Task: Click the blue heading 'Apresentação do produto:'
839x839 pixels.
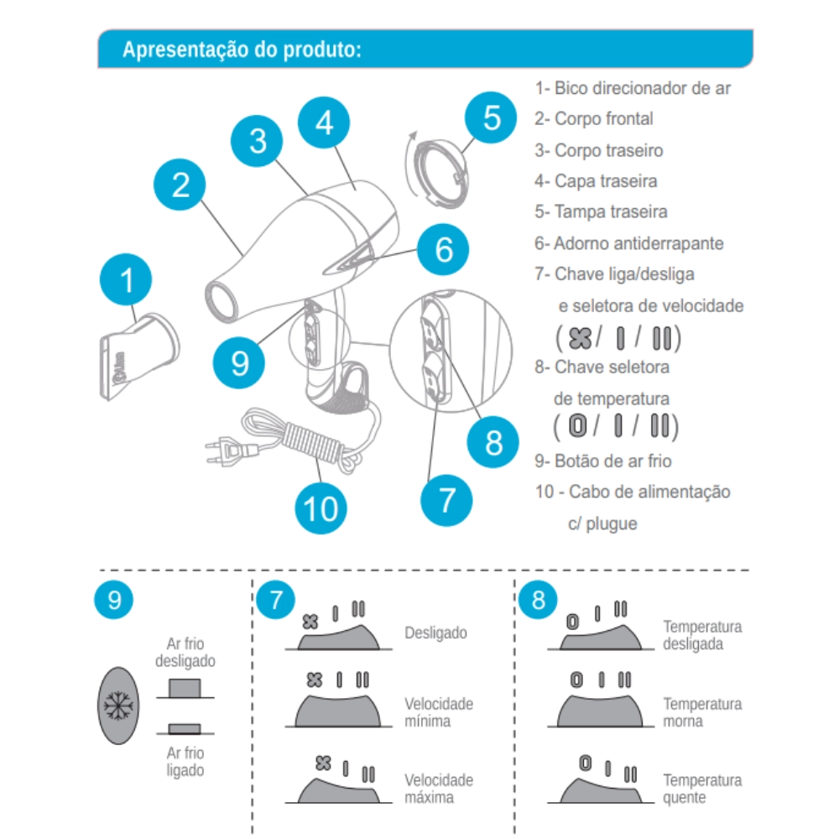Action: click(242, 50)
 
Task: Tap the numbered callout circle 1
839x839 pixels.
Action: click(126, 279)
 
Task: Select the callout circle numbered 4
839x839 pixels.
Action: click(324, 122)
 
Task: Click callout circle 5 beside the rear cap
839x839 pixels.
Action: click(491, 117)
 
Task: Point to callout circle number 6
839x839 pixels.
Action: click(443, 249)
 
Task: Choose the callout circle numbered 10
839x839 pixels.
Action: click(320, 508)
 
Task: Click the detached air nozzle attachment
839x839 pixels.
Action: click(139, 355)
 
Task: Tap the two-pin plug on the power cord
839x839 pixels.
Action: click(227, 451)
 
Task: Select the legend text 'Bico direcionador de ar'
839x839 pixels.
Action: click(642, 88)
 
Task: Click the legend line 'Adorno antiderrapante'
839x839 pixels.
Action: click(638, 243)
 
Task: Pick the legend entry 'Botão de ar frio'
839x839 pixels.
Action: click(612, 461)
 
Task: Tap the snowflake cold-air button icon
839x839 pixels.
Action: click(118, 706)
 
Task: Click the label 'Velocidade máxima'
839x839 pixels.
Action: click(439, 788)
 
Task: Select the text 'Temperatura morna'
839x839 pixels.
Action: click(702, 712)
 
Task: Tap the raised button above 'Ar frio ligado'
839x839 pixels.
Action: click(185, 728)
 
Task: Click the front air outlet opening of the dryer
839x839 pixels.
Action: click(221, 300)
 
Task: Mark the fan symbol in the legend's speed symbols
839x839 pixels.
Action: click(580, 338)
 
